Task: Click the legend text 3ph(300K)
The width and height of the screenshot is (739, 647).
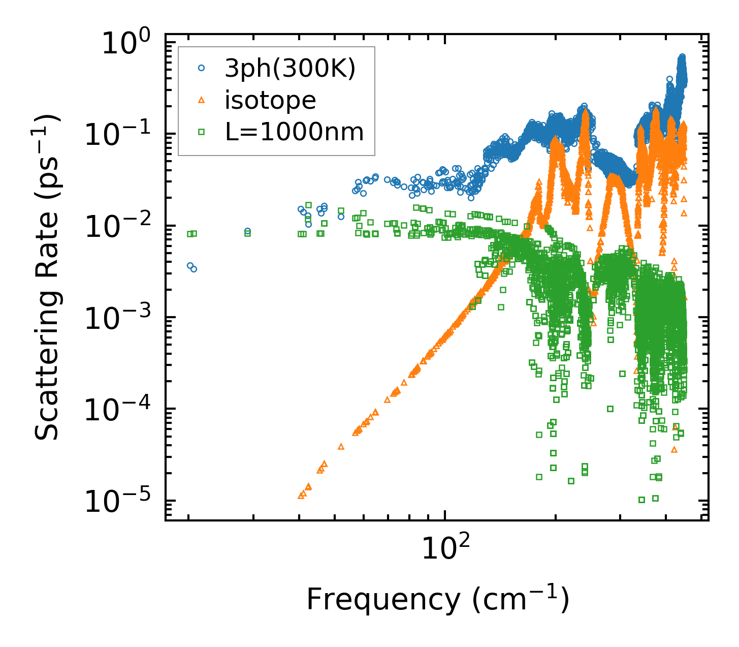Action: (x=290, y=69)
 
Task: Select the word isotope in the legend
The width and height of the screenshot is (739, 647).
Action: (x=270, y=100)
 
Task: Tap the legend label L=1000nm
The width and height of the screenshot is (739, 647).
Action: (x=294, y=132)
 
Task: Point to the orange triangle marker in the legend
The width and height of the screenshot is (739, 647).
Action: (x=202, y=100)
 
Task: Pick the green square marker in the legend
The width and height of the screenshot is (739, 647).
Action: (x=202, y=132)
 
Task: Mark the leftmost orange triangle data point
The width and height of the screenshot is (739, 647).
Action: (x=301, y=495)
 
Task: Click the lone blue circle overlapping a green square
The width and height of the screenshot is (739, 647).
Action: (x=247, y=232)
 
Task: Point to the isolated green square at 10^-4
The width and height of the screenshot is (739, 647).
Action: (x=610, y=409)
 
